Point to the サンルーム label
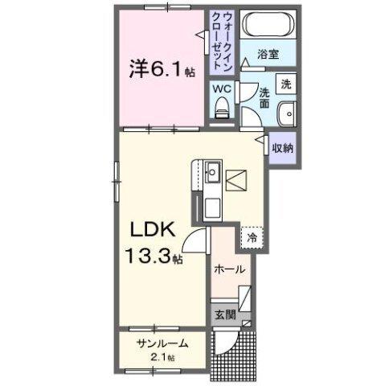click(162, 343)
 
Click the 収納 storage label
click(281, 149)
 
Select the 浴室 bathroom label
click(268, 55)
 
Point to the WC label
click(222, 90)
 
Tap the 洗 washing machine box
click(285, 84)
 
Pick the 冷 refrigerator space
click(252, 238)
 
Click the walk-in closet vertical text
click(219, 39)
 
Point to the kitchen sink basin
click(213, 172)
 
